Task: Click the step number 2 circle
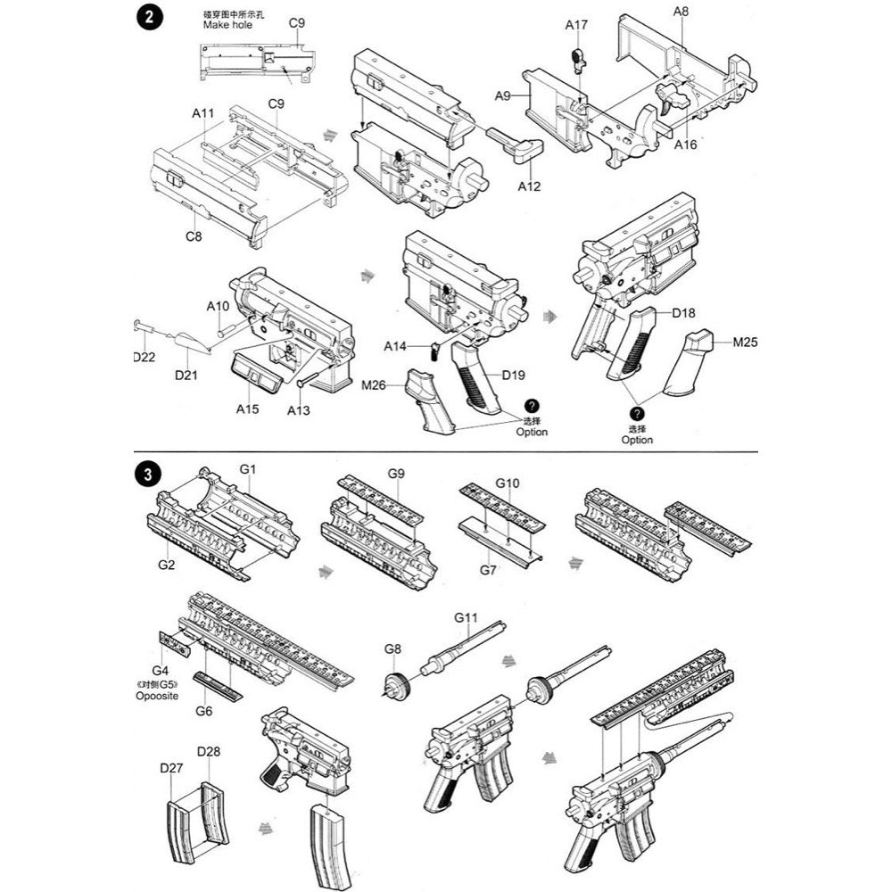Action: [146, 20]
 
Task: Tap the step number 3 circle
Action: [146, 474]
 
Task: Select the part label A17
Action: [576, 25]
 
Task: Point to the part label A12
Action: [529, 186]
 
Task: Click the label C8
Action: [194, 236]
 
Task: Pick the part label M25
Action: [745, 342]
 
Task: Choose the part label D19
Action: [512, 375]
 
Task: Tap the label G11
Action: [467, 617]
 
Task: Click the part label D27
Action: [171, 767]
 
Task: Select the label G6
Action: [203, 711]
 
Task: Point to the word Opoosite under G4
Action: [159, 695]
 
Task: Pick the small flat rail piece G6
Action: [219, 687]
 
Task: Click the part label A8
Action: [681, 12]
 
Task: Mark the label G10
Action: [507, 483]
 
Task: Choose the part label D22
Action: [144, 358]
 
